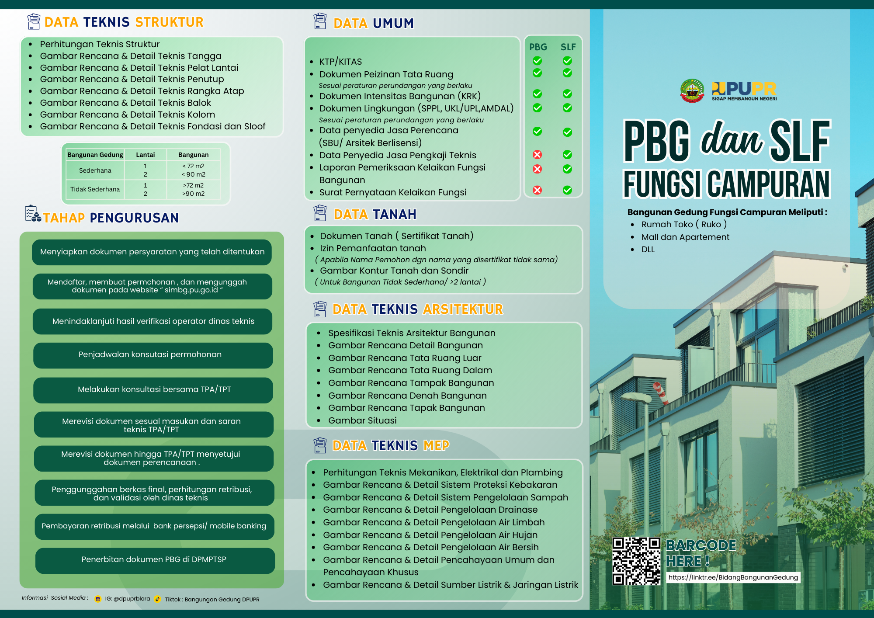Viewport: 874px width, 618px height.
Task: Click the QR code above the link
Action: click(x=636, y=561)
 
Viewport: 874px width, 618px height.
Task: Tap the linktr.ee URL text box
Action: click(x=733, y=577)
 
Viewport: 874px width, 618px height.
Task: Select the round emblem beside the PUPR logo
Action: click(x=692, y=91)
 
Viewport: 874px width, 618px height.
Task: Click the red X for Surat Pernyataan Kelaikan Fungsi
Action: click(x=538, y=190)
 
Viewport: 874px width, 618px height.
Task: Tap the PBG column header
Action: click(x=538, y=47)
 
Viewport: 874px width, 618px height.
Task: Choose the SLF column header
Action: click(x=568, y=47)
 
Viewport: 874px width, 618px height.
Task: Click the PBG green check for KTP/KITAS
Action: click(x=538, y=61)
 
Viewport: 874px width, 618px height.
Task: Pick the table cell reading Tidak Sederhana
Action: click(x=95, y=189)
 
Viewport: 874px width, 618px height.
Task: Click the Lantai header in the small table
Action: click(x=145, y=155)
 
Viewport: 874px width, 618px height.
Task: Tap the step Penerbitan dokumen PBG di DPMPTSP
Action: click(x=155, y=560)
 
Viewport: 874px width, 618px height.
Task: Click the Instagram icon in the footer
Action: click(x=98, y=599)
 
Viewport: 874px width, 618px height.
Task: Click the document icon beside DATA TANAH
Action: click(x=320, y=213)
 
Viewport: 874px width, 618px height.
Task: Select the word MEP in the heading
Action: click(x=436, y=445)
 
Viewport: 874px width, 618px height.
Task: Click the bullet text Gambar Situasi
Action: click(x=362, y=420)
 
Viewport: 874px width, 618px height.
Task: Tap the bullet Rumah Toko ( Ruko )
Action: click(x=684, y=224)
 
